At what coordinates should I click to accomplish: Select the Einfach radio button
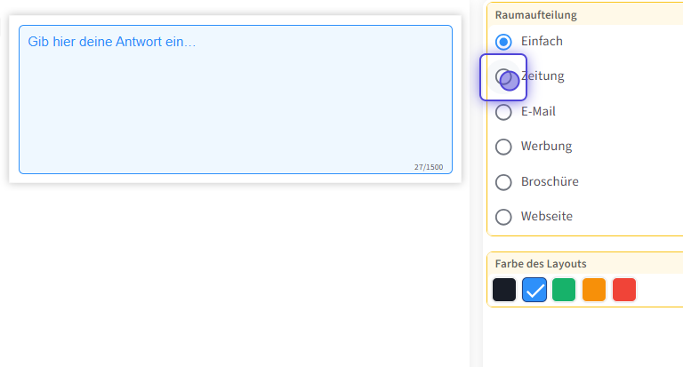point(503,42)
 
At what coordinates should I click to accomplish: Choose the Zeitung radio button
point(503,76)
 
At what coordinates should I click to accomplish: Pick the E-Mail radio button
point(503,112)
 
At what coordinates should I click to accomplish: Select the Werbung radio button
point(503,147)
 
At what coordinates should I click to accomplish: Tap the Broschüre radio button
point(503,182)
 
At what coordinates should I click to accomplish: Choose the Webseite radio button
point(503,217)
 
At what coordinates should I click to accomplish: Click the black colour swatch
point(504,290)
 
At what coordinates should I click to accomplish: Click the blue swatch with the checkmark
point(534,290)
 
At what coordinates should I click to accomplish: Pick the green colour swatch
point(564,290)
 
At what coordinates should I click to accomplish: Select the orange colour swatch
point(594,290)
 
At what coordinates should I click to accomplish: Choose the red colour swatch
point(624,290)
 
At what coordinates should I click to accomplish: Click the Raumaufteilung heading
point(536,15)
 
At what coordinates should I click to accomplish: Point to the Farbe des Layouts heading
point(541,264)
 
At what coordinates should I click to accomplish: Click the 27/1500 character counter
point(429,167)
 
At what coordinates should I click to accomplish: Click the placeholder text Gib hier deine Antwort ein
point(112,42)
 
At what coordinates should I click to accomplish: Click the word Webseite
point(547,217)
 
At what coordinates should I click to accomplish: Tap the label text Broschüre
point(550,182)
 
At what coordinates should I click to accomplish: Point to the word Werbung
point(546,147)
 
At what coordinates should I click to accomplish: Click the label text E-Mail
point(538,112)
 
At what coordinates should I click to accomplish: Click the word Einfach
point(542,42)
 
